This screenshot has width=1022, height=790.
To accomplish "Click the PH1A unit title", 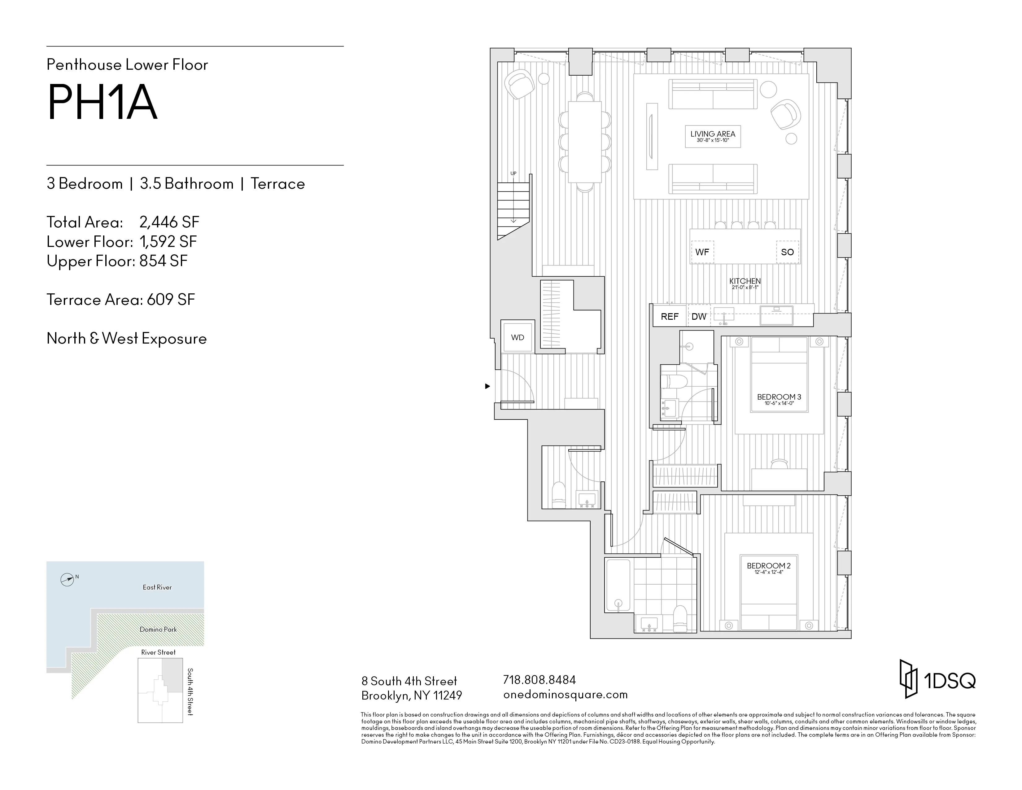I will point(102,103).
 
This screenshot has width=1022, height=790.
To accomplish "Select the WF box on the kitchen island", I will point(702,252).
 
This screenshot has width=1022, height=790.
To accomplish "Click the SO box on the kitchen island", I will point(787,252).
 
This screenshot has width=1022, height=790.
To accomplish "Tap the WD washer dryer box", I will point(517,337).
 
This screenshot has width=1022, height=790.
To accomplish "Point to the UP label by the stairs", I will point(513,173).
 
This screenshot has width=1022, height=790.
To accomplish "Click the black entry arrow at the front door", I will point(487,386).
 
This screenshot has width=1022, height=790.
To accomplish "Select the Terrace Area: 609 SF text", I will point(121,300).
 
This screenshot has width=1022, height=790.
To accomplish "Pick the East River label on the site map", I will point(157,587).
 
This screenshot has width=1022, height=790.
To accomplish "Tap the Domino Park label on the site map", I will point(158,630).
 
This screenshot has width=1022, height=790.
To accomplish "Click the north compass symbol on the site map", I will point(68,580).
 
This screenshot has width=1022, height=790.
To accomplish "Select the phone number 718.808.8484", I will point(539,680).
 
